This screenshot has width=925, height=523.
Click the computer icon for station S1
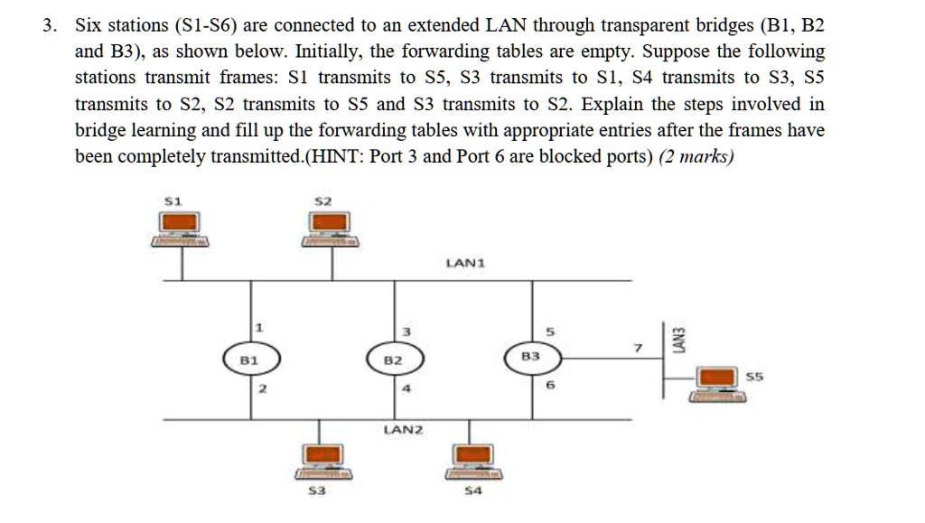coord(181,228)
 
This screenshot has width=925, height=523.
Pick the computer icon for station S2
coord(330,228)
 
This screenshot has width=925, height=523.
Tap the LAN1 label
coord(466,264)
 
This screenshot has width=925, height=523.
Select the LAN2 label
coord(403,430)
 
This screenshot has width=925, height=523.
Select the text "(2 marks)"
coord(697,156)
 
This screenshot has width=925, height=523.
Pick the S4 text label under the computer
coord(472,491)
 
